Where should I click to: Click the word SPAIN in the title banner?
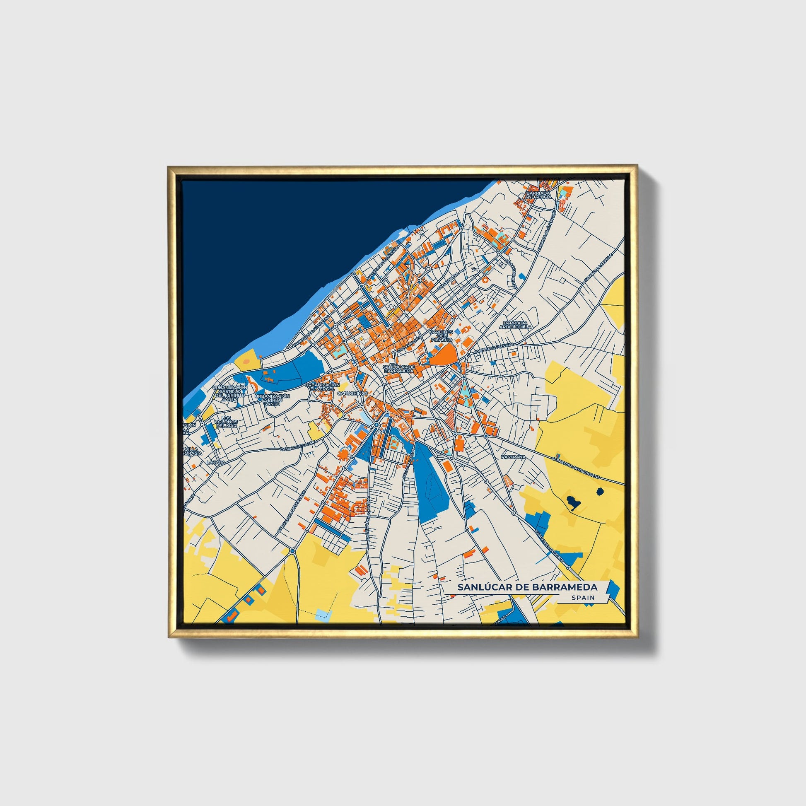coord(584,598)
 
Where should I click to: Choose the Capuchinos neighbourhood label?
coord(352,393)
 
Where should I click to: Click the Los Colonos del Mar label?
coord(226,421)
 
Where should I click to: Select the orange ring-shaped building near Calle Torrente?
coord(485,280)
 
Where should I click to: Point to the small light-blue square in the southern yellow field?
coord(322,613)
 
